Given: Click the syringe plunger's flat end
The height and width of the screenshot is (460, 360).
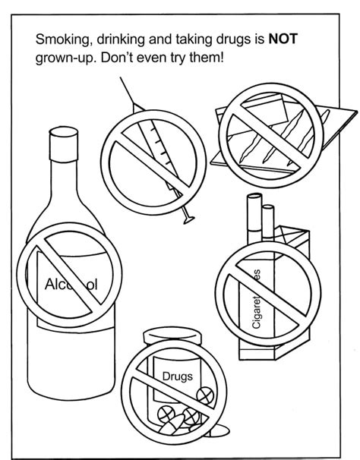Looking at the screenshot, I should (189, 219).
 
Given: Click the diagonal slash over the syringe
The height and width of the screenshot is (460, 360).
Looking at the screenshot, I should (149, 151).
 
